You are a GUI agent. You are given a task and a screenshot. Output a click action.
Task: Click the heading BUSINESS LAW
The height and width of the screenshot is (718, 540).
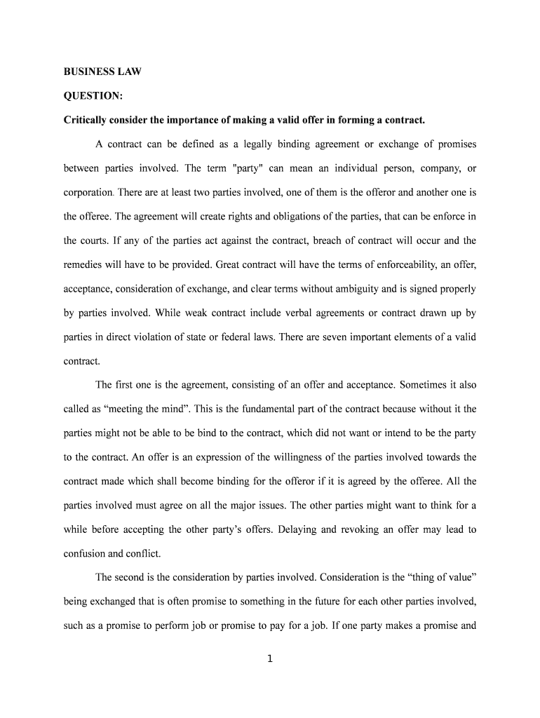coord(102,72)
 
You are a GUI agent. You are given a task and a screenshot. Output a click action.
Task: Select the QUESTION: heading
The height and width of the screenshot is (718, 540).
coord(93,95)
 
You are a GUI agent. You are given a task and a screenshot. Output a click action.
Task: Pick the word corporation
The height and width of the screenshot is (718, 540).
coord(88,192)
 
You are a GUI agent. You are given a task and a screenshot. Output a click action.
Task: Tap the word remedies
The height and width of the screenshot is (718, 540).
coord(83,264)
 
